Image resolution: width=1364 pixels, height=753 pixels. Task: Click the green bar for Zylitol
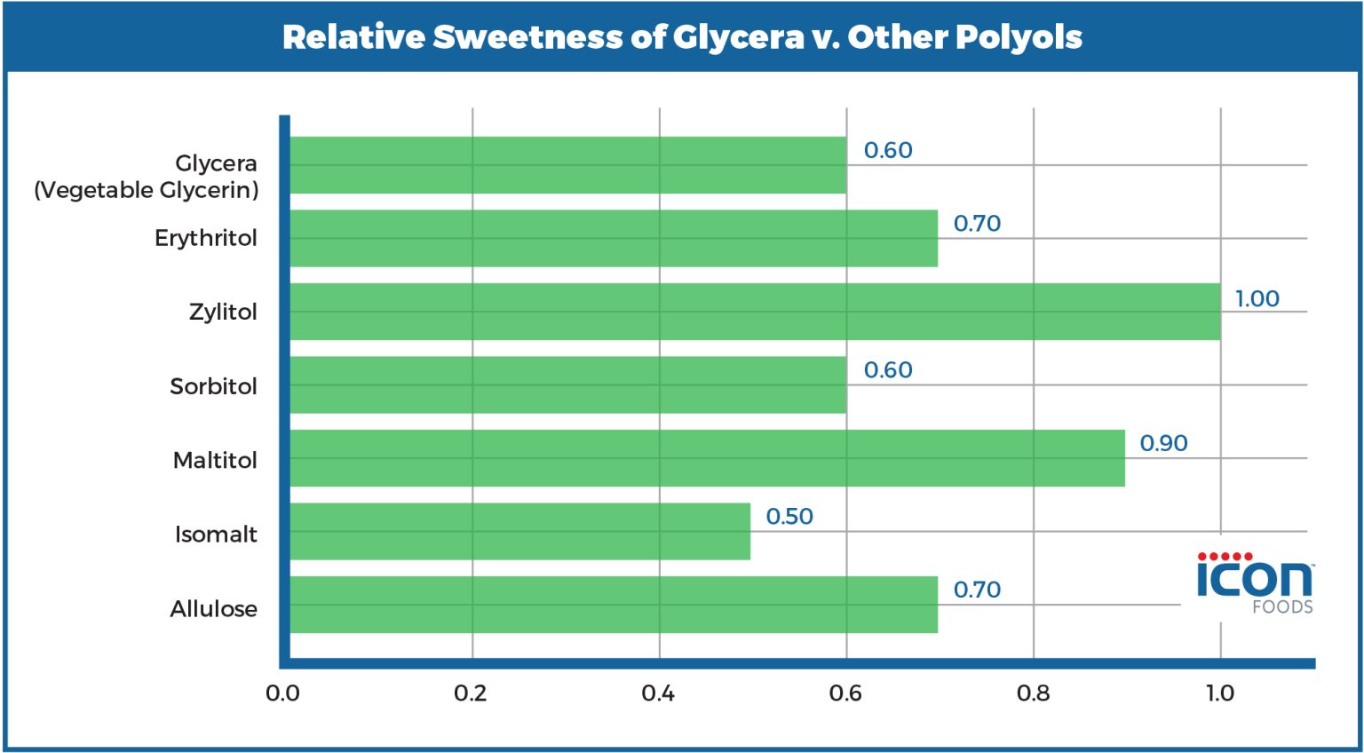tap(755, 312)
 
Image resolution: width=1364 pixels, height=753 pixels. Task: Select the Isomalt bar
tap(519, 531)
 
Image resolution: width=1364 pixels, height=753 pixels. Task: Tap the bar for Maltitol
tap(707, 458)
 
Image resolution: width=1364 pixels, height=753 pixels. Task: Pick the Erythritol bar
tap(614, 238)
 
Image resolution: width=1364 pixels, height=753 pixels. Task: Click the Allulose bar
tap(614, 605)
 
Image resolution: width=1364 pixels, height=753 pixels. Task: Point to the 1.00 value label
tap(1257, 298)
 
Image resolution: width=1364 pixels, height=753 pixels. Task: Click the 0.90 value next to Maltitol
tap(1163, 443)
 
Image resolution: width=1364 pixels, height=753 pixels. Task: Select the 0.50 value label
tap(789, 517)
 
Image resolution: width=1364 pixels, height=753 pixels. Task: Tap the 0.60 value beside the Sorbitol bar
tap(888, 370)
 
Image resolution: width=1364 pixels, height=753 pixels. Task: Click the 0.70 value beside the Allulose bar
tap(977, 590)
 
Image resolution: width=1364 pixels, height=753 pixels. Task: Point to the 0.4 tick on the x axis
tap(658, 694)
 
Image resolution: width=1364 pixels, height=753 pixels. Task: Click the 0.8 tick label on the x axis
tap(1033, 694)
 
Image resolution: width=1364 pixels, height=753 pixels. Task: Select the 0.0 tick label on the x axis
tap(282, 694)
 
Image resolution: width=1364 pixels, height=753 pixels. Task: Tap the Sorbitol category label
tap(213, 386)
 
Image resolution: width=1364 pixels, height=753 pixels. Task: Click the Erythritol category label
tap(205, 238)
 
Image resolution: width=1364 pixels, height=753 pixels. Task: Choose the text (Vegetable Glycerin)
tap(147, 190)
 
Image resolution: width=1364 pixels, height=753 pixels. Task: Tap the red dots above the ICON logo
tap(1225, 557)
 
